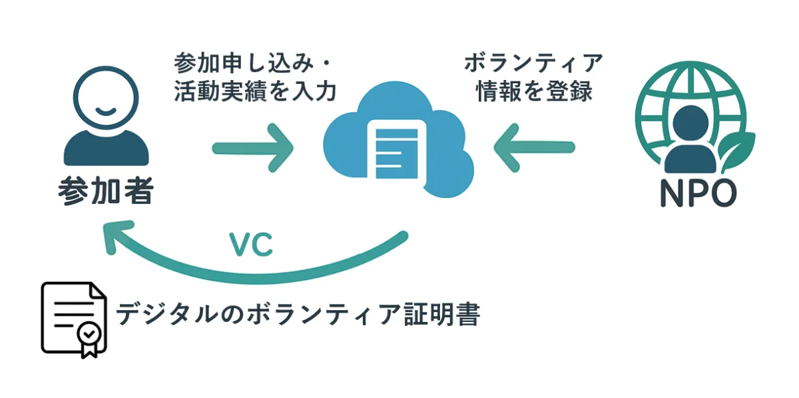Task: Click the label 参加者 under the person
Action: point(106,191)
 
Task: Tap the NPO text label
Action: point(698,193)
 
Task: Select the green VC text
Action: point(251,245)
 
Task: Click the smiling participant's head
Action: point(106,97)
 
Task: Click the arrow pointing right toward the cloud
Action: point(252,148)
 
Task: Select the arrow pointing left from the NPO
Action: point(534,147)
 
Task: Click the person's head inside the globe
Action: point(690,123)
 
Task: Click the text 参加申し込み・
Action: point(252,63)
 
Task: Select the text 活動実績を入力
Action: point(255,91)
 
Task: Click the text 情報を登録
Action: point(534,91)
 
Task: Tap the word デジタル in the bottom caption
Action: point(167,315)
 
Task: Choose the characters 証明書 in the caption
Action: point(442,315)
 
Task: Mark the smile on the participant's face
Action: point(106,111)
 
